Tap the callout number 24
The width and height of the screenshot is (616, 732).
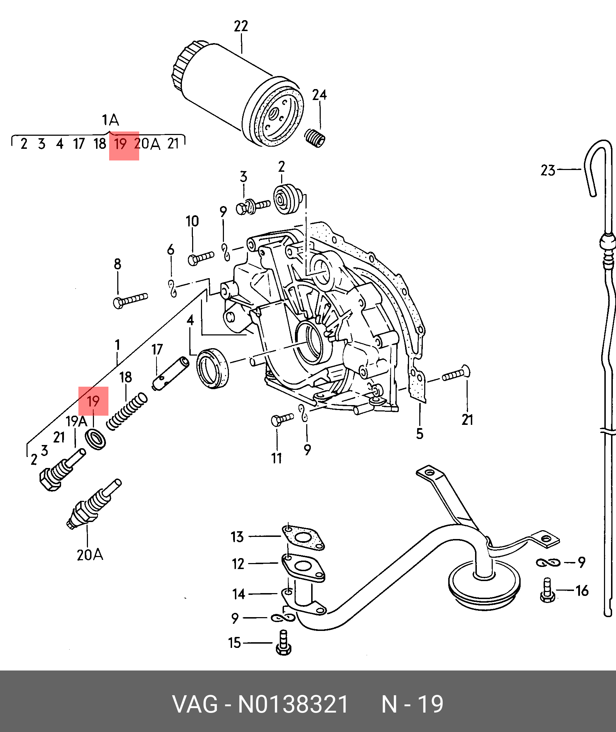[319, 95]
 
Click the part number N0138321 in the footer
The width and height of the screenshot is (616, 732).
[293, 704]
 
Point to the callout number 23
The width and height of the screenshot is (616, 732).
[548, 171]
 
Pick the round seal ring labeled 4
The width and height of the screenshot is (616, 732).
[212, 368]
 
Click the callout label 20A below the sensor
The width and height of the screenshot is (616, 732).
[90, 555]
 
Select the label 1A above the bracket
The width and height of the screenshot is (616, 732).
[110, 121]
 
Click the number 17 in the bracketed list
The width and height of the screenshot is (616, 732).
[79, 144]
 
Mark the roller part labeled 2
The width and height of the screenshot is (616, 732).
[287, 200]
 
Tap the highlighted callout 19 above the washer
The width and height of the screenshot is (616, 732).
[93, 401]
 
